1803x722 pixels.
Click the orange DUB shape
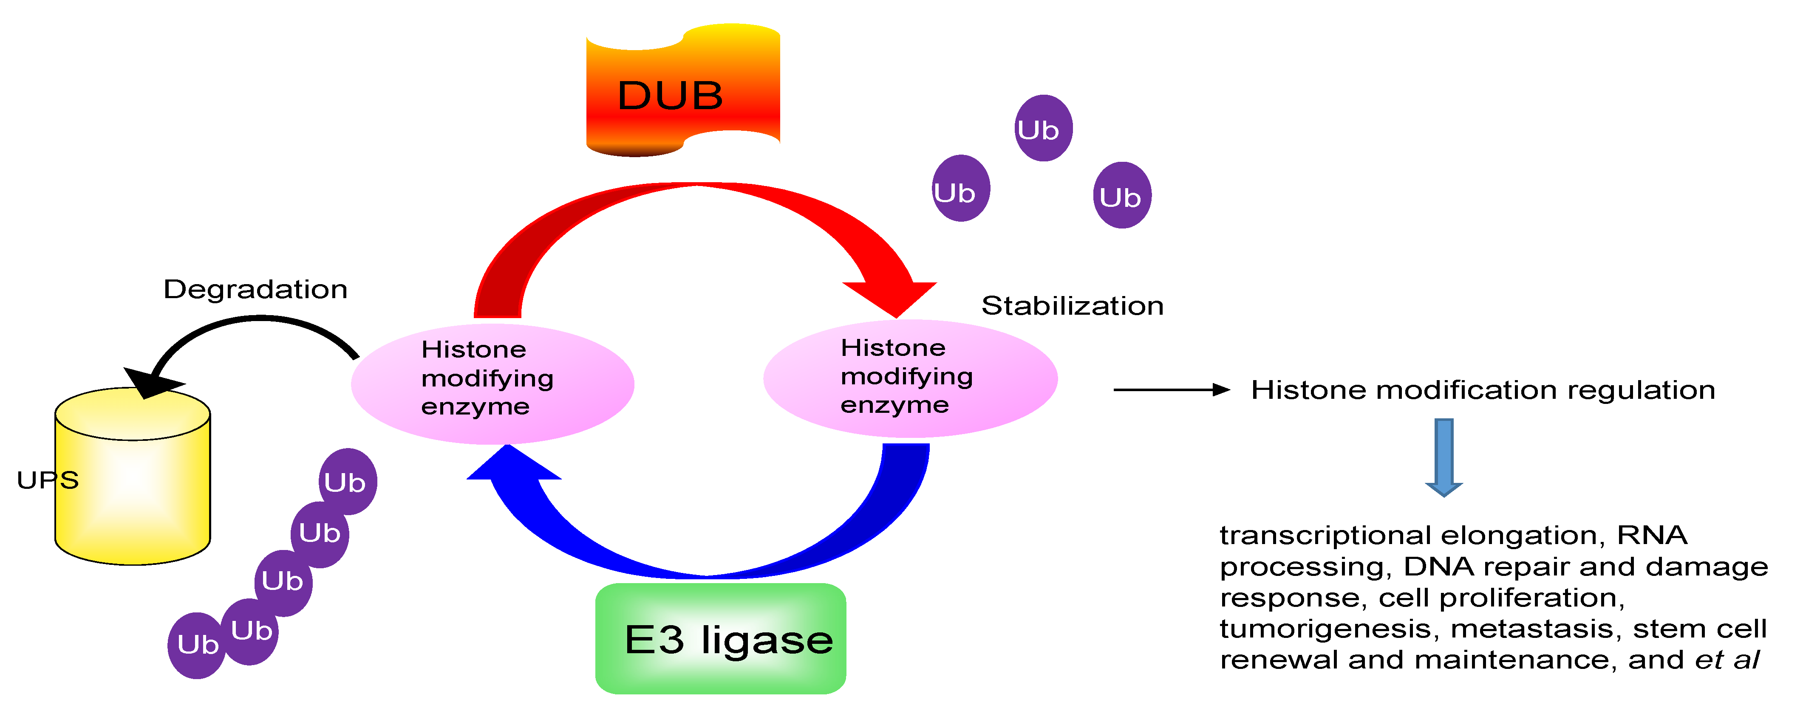click(682, 91)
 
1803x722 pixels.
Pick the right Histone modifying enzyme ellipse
click(910, 378)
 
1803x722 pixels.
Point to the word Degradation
click(255, 289)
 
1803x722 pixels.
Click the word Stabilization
click(1072, 306)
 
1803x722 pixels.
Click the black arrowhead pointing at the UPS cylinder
click(150, 381)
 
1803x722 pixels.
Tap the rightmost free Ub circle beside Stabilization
click(1122, 196)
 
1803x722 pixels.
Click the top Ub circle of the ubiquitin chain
click(348, 481)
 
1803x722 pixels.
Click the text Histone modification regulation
click(1483, 390)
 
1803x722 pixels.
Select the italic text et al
click(1727, 660)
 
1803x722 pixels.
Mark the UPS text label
click(48, 480)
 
